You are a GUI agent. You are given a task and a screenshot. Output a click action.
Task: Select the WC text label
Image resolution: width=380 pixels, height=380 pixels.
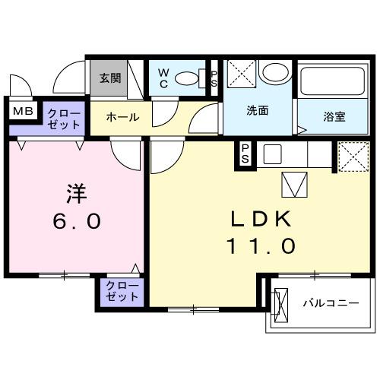[163, 78]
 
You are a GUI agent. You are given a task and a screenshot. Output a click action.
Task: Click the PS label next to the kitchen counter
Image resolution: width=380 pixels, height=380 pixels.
[246, 154]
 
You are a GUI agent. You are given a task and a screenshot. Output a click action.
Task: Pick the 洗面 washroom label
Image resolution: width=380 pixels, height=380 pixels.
[257, 110]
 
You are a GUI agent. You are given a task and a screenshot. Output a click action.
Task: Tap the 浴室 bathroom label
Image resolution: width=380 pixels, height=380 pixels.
[334, 117]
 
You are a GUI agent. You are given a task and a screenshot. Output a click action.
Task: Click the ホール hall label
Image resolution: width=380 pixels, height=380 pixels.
[122, 118]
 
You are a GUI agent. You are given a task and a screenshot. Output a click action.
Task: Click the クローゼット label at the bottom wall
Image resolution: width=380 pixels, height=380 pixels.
[121, 292]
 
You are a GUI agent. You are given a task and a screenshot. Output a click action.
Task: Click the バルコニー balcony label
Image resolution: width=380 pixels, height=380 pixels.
[331, 303]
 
